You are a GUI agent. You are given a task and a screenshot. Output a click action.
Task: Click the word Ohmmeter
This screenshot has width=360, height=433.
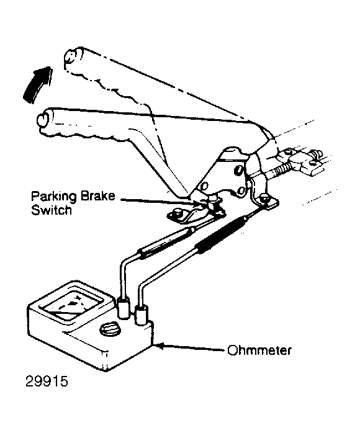pos(259,350)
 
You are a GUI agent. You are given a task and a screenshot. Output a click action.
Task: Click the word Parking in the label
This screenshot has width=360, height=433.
pos(53,197)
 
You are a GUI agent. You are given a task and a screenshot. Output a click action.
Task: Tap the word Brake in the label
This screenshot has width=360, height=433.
pos(98,196)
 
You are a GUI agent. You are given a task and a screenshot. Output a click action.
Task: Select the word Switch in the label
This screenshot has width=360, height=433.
pos(52,210)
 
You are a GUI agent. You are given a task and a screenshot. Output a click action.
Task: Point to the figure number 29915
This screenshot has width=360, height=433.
pos(47,382)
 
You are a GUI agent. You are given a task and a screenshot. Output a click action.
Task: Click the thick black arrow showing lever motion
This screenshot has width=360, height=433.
pos(37,84)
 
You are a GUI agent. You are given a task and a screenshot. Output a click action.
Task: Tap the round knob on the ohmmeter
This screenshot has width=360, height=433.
pos(110,329)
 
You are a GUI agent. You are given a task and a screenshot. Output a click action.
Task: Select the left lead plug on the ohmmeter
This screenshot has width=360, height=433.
pos(124,308)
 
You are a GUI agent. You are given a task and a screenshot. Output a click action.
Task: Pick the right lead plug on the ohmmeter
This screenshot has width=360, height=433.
pos(141,315)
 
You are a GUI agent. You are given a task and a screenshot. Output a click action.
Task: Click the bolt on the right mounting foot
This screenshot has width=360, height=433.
pos(264,198)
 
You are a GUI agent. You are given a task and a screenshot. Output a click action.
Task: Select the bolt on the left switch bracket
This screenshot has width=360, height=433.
pos(176,213)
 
